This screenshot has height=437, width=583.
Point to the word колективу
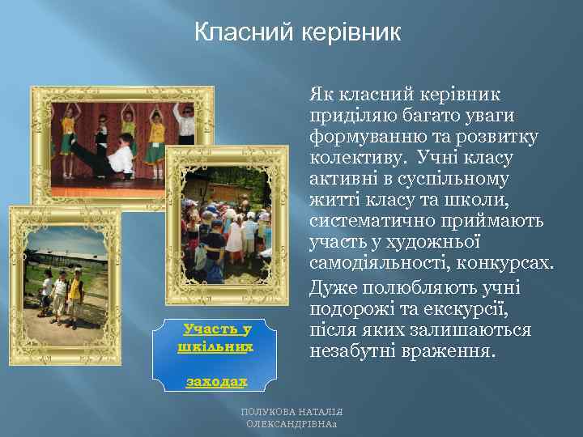[356, 157]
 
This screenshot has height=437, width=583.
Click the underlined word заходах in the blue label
[214, 381]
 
